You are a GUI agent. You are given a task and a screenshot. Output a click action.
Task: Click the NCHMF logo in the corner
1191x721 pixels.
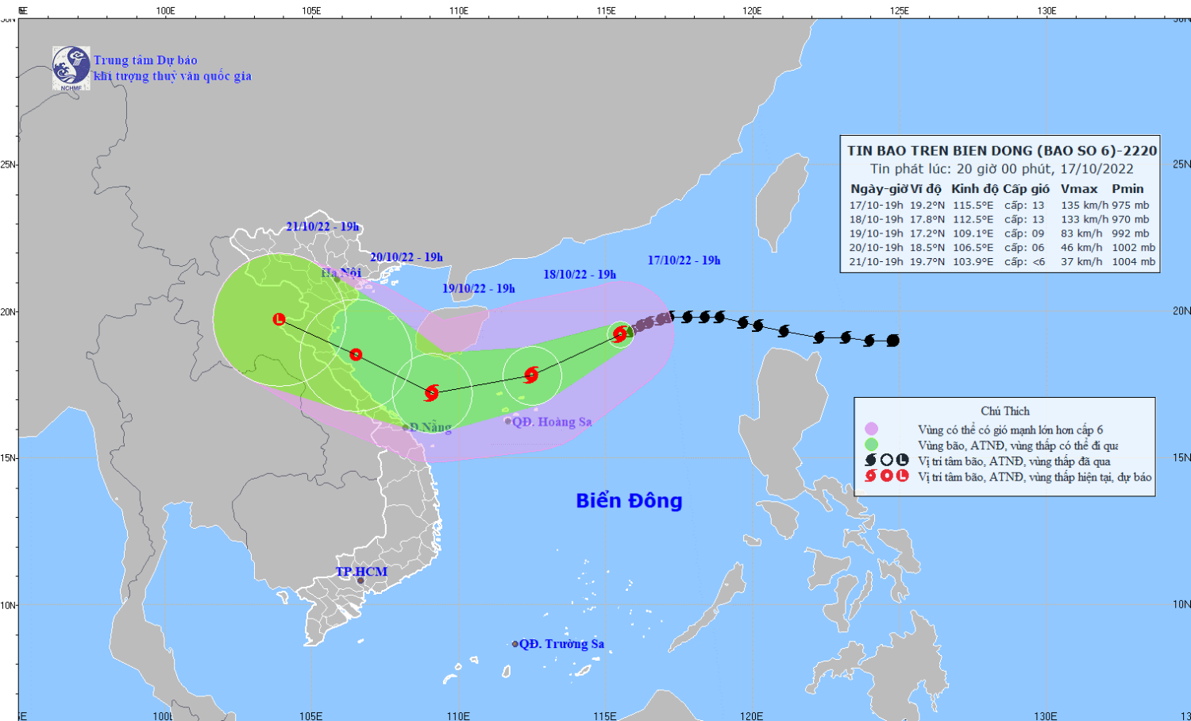[71, 67]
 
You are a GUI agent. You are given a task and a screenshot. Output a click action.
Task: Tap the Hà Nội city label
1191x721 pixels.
[341, 273]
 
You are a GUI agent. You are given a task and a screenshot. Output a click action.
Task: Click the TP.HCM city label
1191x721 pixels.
[361, 572]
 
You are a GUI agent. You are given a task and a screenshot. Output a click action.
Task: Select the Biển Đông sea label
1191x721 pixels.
[629, 501]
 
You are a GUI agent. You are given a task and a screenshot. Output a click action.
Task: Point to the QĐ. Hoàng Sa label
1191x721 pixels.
[551, 422]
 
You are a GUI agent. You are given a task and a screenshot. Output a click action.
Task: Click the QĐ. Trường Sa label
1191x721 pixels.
[561, 644]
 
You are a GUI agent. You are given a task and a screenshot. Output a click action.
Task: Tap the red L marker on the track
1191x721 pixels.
[279, 319]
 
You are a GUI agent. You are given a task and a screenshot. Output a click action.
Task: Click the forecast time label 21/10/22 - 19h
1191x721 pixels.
[322, 227]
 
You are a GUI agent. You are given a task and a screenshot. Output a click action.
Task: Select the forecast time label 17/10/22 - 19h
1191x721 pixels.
[684, 260]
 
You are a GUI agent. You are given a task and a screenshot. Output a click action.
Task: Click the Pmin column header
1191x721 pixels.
[1127, 189]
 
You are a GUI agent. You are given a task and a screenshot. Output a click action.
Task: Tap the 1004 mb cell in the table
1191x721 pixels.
[1133, 261]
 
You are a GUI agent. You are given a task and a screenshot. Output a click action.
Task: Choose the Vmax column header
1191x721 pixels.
[1079, 189]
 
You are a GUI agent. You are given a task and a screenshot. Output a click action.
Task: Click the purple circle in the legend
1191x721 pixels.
[871, 430]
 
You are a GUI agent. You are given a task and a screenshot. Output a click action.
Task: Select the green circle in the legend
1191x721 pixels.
[871, 445]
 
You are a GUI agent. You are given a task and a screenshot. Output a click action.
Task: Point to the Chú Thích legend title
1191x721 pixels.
[1004, 411]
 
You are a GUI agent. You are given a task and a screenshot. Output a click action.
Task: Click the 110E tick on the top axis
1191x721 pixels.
[458, 10]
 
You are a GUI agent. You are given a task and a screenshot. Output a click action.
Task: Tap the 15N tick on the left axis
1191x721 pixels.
[9, 458]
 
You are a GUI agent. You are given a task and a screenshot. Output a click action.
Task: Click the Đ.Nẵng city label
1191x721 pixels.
[430, 427]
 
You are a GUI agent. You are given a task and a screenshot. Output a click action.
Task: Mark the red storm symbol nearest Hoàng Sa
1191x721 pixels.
[531, 375]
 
